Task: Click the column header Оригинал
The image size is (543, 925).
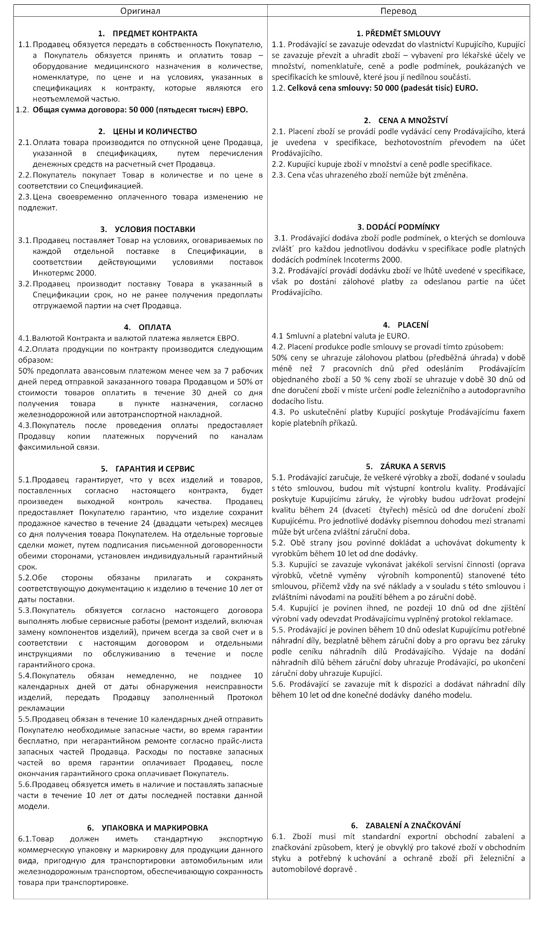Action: pos(140,11)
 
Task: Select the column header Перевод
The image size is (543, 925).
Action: pos(398,11)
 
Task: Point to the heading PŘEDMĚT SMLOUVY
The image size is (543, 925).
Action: pos(398,33)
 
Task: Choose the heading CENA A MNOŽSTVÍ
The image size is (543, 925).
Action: pos(406,120)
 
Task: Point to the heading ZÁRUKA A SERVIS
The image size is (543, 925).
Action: pos(406,466)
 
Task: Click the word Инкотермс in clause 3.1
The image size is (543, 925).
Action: pos(52,273)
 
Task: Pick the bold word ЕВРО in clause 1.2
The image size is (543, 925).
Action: pos(237,110)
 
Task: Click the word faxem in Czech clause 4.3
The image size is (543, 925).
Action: pos(514,412)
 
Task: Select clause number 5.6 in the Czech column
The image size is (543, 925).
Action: pos(278,684)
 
